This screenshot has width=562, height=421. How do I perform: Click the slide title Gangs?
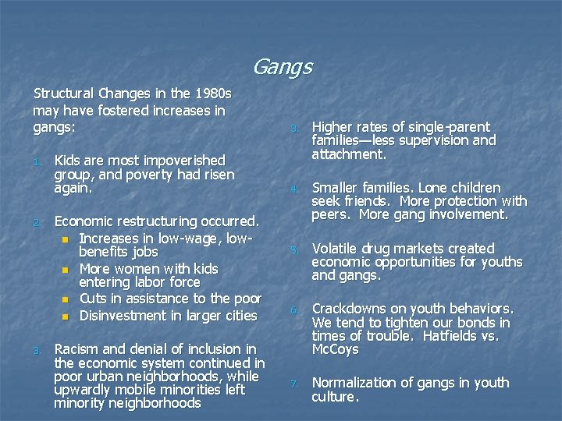(x=282, y=68)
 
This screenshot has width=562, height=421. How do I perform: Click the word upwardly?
(x=81, y=390)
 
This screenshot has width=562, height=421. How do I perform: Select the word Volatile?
(x=336, y=249)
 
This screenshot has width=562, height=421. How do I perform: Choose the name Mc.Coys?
(x=336, y=349)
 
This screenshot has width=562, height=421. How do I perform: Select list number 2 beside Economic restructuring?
(x=37, y=222)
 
